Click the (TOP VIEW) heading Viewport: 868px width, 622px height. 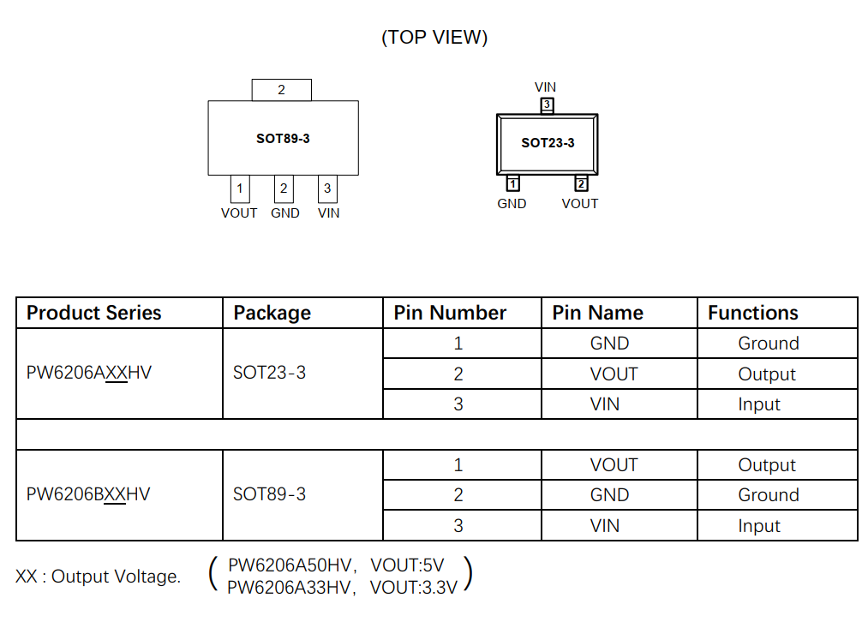click(434, 37)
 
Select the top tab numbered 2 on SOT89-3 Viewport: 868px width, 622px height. click(281, 90)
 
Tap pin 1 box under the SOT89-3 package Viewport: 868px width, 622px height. click(239, 188)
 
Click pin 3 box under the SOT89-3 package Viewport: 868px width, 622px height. click(327, 188)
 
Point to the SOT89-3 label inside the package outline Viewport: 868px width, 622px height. click(283, 138)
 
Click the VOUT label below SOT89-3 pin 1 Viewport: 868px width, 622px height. click(239, 213)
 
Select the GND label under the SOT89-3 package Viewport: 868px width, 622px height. click(284, 213)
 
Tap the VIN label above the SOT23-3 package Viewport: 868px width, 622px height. click(545, 87)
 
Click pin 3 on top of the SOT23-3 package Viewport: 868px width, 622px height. click(547, 105)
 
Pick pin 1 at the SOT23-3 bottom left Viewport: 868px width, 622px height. click(512, 183)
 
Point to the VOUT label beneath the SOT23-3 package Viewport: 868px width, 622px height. click(580, 204)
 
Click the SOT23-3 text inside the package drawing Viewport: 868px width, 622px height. click(548, 143)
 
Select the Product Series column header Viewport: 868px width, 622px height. click(94, 313)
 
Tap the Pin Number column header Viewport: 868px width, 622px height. click(450, 313)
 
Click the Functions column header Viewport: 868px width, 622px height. click(752, 313)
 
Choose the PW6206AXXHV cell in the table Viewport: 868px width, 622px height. click(89, 374)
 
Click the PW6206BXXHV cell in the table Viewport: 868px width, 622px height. click(88, 494)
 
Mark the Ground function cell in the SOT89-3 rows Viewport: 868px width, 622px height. click(768, 495)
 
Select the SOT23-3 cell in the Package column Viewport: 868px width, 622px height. click(269, 374)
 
